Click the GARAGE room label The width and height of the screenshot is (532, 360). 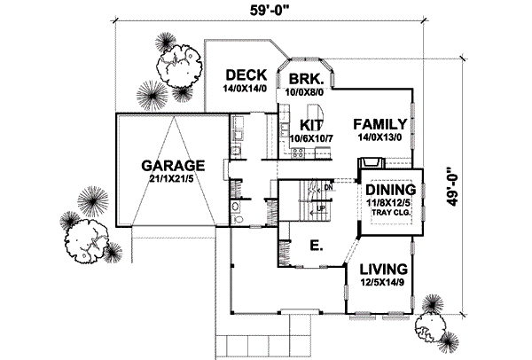pyautogui.click(x=174, y=165)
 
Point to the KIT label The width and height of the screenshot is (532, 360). pyautogui.click(x=310, y=124)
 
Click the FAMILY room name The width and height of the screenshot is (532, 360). pyautogui.click(x=379, y=124)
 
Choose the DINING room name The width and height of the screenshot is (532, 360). pyautogui.click(x=391, y=191)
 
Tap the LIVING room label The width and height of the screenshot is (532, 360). pyautogui.click(x=383, y=269)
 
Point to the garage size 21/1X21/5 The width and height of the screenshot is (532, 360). pyautogui.click(x=174, y=181)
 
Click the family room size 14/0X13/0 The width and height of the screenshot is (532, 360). pyautogui.click(x=379, y=138)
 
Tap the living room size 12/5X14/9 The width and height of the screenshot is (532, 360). pyautogui.click(x=383, y=283)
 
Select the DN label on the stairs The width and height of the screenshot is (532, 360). pyautogui.click(x=328, y=189)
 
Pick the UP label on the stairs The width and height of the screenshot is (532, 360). pyautogui.click(x=321, y=207)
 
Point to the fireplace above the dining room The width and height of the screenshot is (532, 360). pyautogui.click(x=371, y=163)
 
